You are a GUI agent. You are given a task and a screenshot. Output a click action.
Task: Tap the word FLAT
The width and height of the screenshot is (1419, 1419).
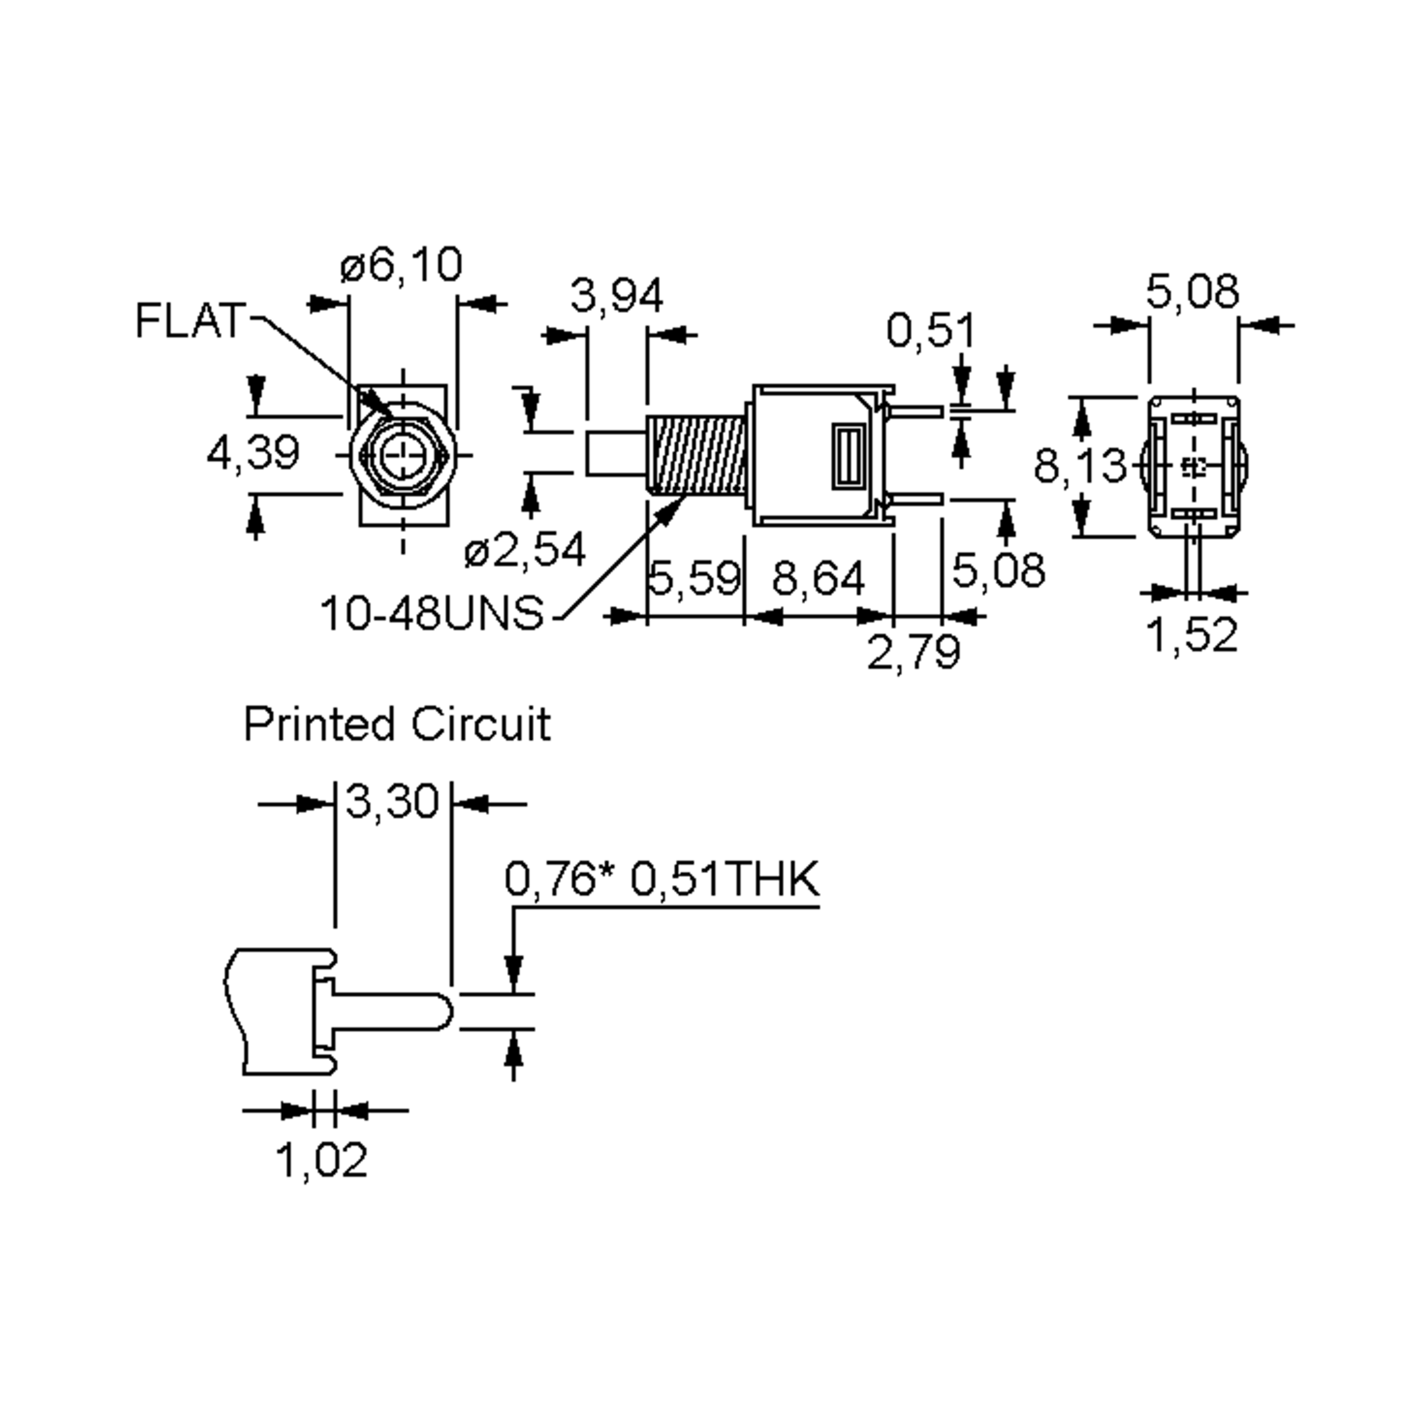(189, 321)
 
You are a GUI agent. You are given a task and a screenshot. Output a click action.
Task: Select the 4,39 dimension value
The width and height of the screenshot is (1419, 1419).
(254, 452)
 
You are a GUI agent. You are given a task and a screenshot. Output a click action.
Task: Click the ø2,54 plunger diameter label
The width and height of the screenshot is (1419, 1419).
(525, 549)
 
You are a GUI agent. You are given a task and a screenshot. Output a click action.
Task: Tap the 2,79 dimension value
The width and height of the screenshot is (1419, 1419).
(913, 651)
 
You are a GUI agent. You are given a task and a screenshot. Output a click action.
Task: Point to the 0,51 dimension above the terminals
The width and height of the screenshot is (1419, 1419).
(931, 330)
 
